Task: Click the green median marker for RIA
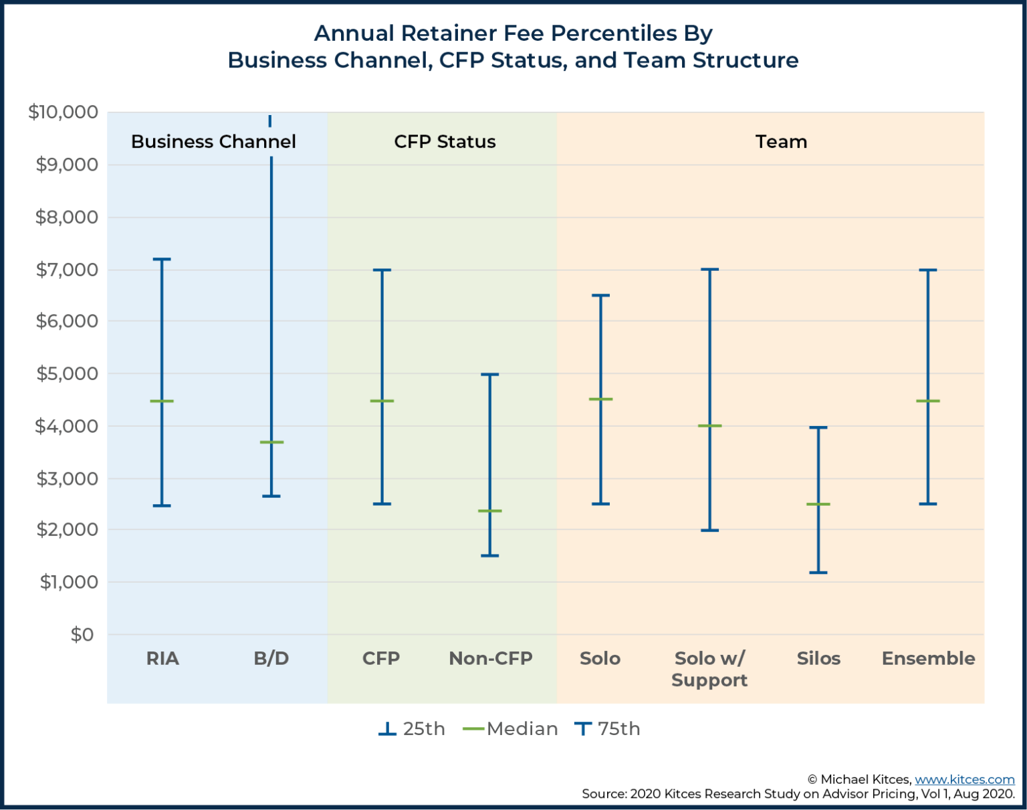point(162,401)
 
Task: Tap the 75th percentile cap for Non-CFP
point(490,375)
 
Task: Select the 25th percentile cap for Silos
point(818,573)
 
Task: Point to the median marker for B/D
point(271,442)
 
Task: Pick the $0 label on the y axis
point(82,635)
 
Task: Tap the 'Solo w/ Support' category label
point(709,669)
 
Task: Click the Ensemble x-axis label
point(928,659)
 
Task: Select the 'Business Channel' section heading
point(213,142)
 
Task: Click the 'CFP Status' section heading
point(445,142)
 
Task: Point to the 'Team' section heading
point(781,142)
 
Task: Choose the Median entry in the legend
point(511,728)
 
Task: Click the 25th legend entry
point(412,728)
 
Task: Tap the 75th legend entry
point(607,728)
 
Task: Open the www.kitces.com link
point(964,779)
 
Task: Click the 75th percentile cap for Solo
point(600,295)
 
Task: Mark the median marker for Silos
point(818,504)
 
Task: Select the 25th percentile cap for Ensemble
point(928,504)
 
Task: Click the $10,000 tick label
point(63,112)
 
